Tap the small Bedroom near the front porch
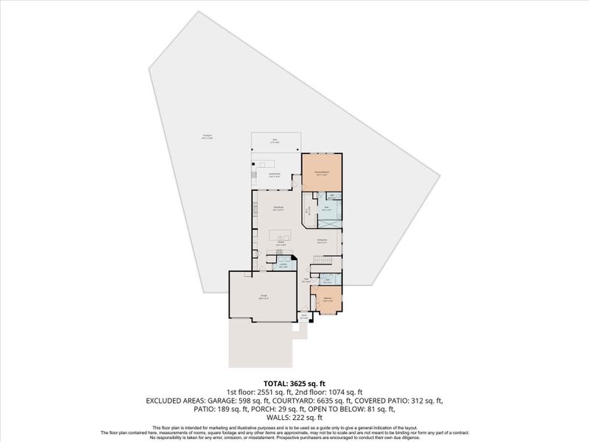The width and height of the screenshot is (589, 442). [x=328, y=299]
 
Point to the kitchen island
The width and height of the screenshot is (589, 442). [x=281, y=236]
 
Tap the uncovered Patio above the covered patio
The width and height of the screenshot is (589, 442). [x=275, y=141]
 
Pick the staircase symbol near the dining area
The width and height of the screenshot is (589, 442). [x=323, y=260]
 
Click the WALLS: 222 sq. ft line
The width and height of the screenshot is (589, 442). [x=294, y=418]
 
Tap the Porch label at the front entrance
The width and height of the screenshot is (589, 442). [x=303, y=316]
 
